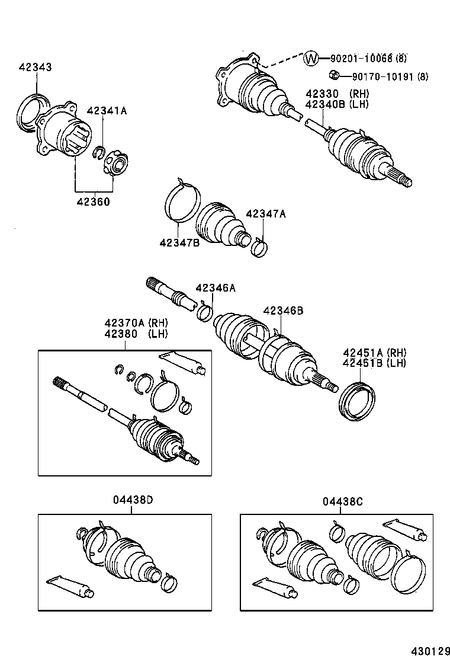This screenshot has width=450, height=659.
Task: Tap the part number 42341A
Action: (x=107, y=111)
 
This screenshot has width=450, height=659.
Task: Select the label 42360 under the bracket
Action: (x=93, y=201)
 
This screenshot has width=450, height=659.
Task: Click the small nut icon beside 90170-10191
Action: (x=333, y=75)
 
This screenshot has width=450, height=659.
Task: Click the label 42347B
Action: (x=179, y=242)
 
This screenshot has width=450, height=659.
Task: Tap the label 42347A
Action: (x=266, y=214)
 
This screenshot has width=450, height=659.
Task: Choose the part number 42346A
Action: (x=216, y=288)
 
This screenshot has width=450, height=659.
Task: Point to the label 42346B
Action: (x=283, y=311)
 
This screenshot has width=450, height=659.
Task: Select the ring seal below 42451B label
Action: (x=356, y=401)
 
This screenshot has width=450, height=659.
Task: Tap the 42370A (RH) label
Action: (x=136, y=323)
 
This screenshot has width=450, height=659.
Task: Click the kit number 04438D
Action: (x=133, y=501)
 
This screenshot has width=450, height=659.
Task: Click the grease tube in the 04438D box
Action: (x=69, y=585)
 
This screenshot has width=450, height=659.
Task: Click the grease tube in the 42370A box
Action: (x=184, y=363)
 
